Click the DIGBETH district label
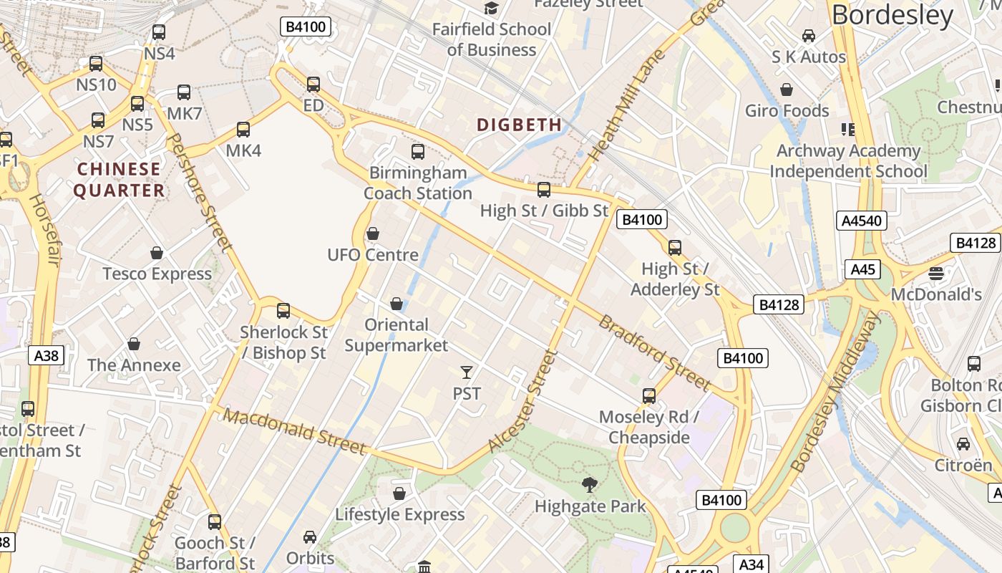click(519, 125)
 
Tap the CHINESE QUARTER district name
click(120, 180)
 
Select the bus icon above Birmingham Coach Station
click(418, 152)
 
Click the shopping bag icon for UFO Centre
click(373, 233)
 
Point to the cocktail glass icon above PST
click(467, 372)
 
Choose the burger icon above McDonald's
click(936, 273)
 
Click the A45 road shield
click(862, 269)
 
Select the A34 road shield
click(751, 564)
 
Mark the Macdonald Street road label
click(295, 430)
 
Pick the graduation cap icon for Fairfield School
click(491, 8)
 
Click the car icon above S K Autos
click(809, 36)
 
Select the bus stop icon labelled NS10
click(96, 64)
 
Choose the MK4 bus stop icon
click(243, 130)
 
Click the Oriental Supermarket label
click(397, 335)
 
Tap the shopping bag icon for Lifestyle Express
click(399, 493)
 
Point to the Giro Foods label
click(787, 110)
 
